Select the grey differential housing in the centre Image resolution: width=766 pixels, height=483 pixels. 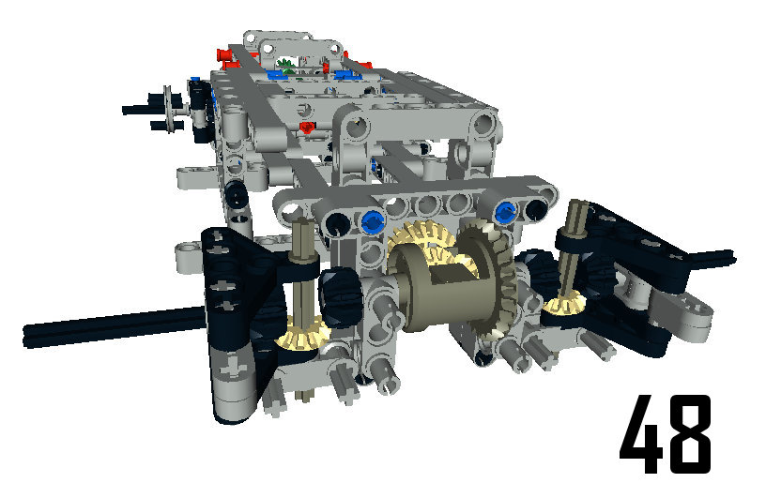coord(439,288)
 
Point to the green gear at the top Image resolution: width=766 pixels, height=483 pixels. coord(285,66)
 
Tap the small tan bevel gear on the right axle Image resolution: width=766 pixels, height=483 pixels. coord(564,302)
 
